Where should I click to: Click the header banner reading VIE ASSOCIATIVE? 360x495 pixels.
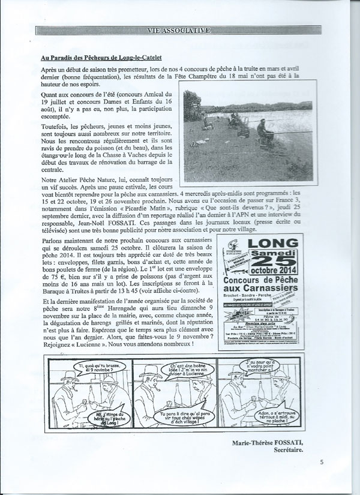pos(180,29)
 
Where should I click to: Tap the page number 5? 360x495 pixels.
pos(322,462)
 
